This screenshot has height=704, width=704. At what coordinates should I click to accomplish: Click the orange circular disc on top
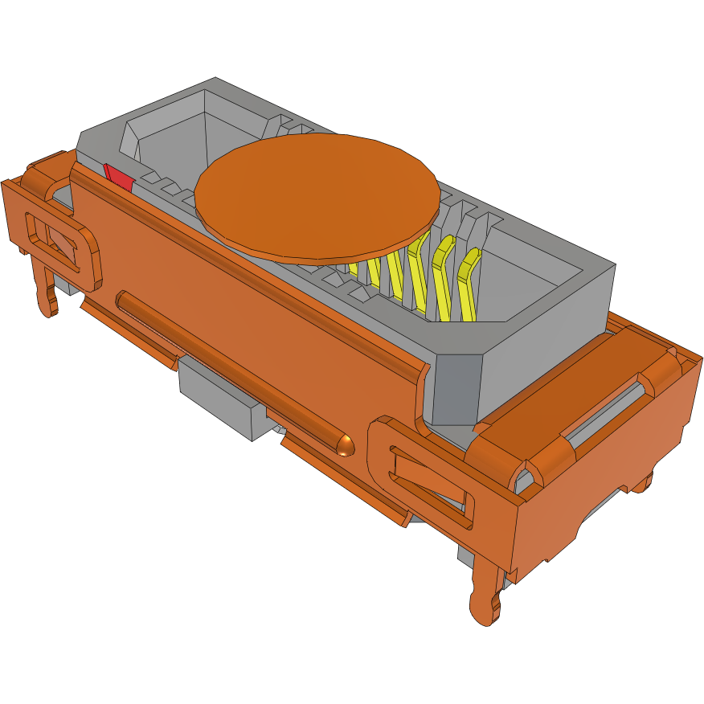tap(317, 198)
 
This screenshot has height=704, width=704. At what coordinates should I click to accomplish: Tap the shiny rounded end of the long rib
tap(346, 444)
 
